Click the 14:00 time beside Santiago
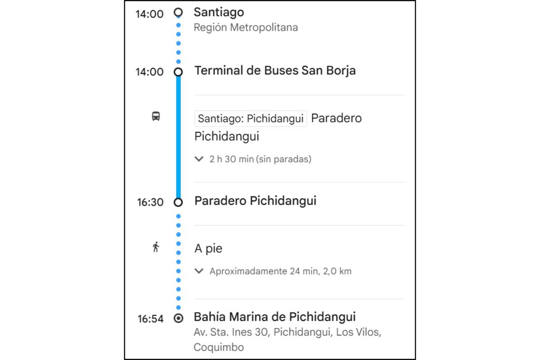pyautogui.click(x=149, y=14)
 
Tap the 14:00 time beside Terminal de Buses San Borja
pyautogui.click(x=149, y=72)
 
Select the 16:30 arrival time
pyautogui.click(x=150, y=202)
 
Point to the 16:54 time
pyautogui.click(x=150, y=319)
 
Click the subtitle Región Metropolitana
pyautogui.click(x=246, y=27)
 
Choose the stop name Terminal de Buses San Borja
pyautogui.click(x=275, y=71)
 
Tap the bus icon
pyautogui.click(x=156, y=117)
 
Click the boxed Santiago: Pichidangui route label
pyautogui.click(x=251, y=119)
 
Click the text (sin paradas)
pyautogui.click(x=283, y=159)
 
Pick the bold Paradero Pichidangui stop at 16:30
pyautogui.click(x=255, y=201)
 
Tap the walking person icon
pyautogui.click(x=156, y=247)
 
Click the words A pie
pyautogui.click(x=208, y=248)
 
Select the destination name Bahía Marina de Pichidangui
pyautogui.click(x=274, y=317)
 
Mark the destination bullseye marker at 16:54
pyautogui.click(x=179, y=319)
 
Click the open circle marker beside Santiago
pyautogui.click(x=179, y=12)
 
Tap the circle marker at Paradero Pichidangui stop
pyautogui.click(x=179, y=202)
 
